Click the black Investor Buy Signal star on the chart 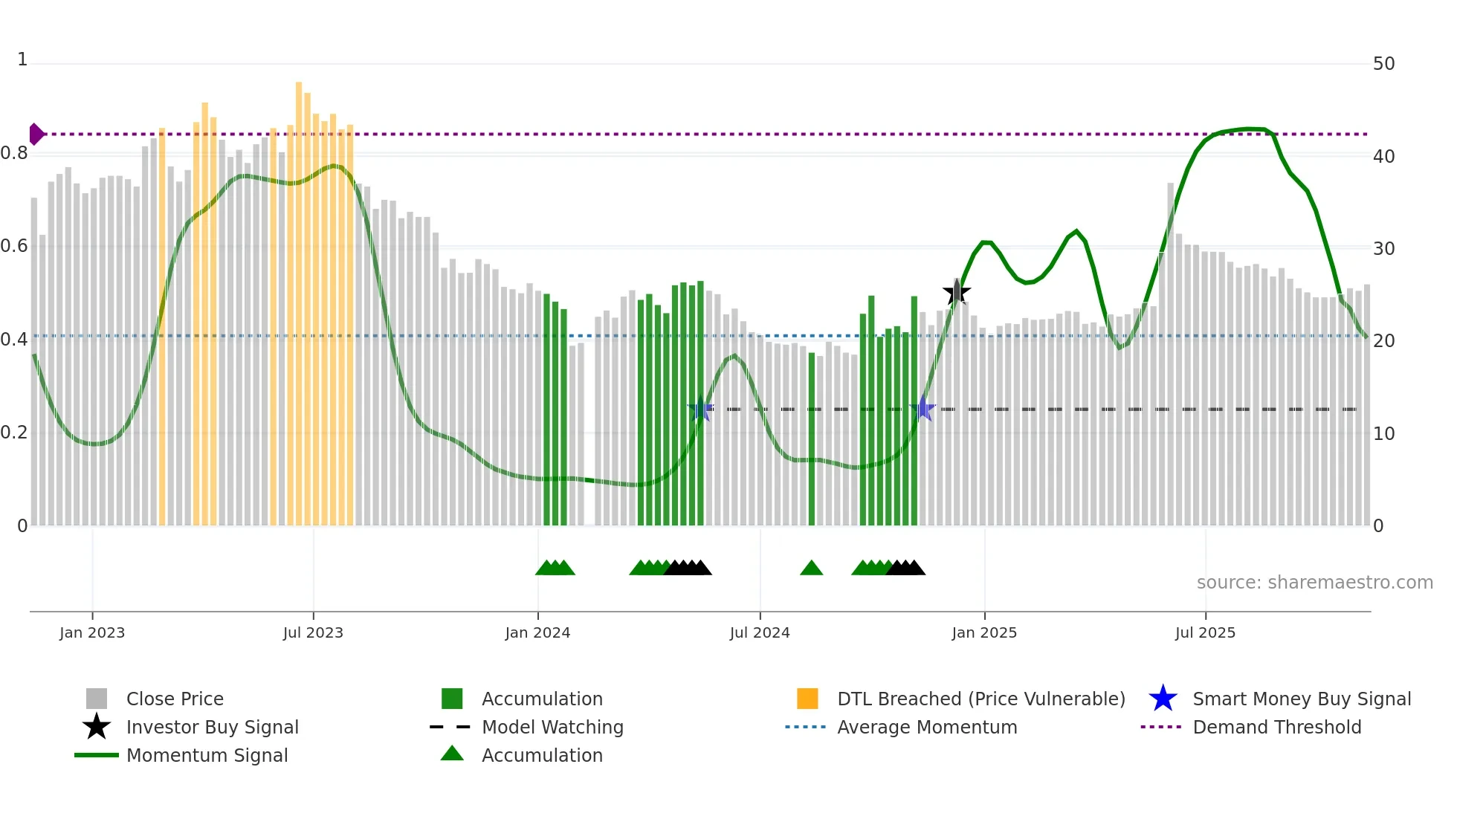(957, 292)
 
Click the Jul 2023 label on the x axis (313, 632)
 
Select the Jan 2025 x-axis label (984, 632)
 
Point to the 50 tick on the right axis (1383, 64)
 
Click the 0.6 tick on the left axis (14, 246)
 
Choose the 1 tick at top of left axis (22, 59)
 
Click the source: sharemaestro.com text (1314, 583)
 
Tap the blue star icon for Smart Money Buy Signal (1163, 699)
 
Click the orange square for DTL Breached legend (807, 699)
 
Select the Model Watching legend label (552, 727)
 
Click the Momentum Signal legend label (207, 755)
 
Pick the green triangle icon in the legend (452, 754)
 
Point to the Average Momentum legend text (927, 727)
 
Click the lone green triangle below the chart (811, 569)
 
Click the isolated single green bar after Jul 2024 (812, 438)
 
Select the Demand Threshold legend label (1276, 727)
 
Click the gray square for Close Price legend (97, 699)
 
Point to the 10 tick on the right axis (1383, 434)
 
